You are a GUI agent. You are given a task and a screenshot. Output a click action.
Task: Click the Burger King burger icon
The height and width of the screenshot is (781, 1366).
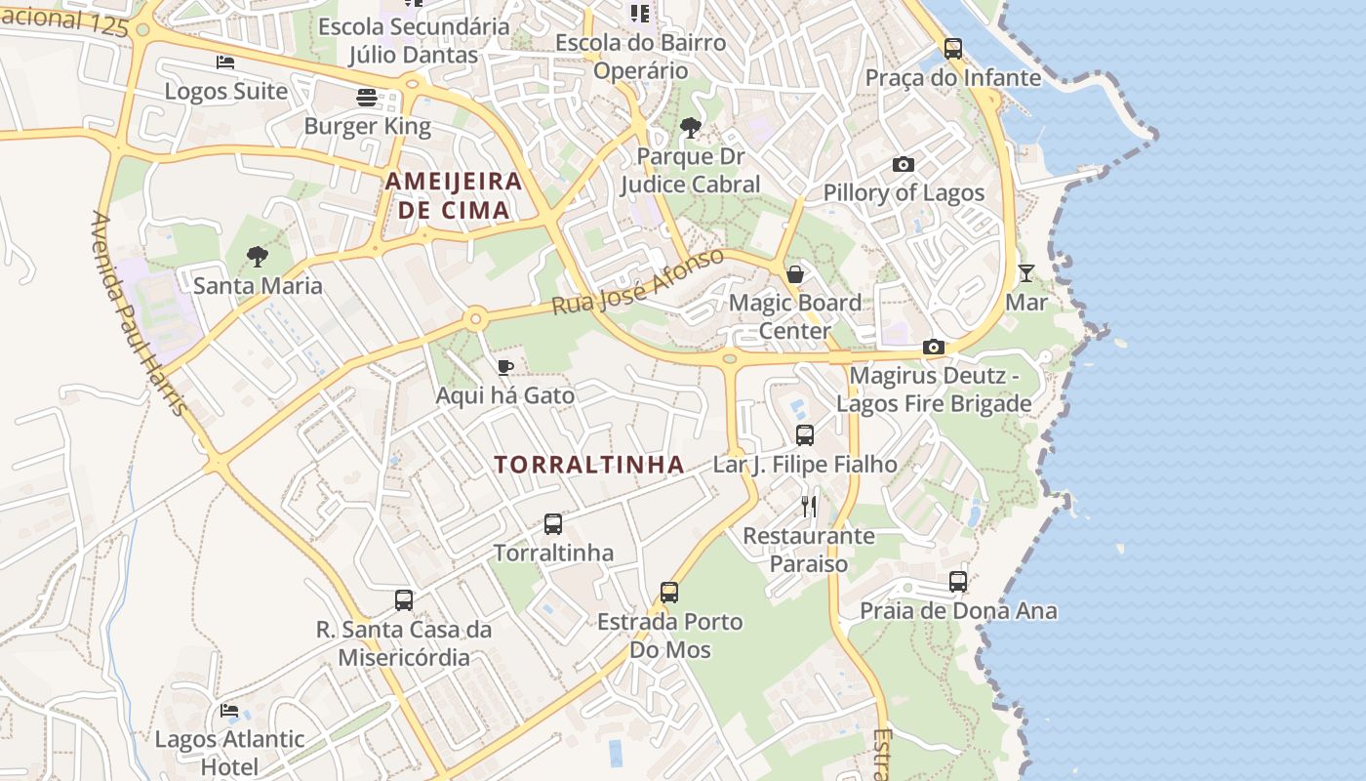(x=367, y=98)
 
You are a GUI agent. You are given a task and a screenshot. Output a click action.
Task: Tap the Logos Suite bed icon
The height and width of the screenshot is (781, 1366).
(x=225, y=62)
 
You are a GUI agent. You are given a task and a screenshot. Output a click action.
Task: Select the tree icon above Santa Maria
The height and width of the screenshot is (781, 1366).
(x=258, y=257)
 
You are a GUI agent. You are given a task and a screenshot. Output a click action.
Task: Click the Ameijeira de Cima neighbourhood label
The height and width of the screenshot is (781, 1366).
(x=454, y=195)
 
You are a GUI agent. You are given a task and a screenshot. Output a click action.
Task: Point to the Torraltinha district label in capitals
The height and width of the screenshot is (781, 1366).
(x=589, y=465)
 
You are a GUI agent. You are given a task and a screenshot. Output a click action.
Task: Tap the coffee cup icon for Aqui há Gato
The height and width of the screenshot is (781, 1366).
(x=504, y=367)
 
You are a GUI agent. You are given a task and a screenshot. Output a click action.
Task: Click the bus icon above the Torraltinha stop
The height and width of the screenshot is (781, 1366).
(x=553, y=524)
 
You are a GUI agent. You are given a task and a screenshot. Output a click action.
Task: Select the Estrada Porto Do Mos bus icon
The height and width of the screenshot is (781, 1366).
(x=669, y=593)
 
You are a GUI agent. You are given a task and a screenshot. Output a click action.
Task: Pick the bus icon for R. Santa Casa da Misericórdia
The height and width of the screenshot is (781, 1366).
(x=404, y=600)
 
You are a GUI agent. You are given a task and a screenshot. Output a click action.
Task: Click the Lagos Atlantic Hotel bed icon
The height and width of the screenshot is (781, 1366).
(x=229, y=711)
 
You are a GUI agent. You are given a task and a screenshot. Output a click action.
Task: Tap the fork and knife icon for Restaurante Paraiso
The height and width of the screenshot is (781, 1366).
(x=809, y=507)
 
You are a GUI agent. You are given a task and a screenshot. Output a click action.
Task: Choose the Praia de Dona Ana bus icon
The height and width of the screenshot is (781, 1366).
(x=958, y=582)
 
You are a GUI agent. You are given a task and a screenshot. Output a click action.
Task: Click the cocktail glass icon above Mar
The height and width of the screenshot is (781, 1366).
(x=1026, y=273)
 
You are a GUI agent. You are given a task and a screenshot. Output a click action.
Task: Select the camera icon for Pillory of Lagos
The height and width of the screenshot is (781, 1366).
(x=904, y=164)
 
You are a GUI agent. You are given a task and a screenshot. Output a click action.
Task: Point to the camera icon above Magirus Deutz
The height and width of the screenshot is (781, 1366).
(x=934, y=347)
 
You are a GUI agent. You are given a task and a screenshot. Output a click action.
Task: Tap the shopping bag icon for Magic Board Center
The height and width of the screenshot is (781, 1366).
(x=795, y=273)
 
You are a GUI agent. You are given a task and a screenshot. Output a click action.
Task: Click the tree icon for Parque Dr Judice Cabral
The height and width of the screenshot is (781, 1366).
(x=690, y=127)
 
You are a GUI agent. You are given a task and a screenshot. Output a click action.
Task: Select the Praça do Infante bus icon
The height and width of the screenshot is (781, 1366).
(x=953, y=48)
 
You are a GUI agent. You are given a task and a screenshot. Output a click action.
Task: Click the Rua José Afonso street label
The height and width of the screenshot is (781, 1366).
(x=638, y=282)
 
